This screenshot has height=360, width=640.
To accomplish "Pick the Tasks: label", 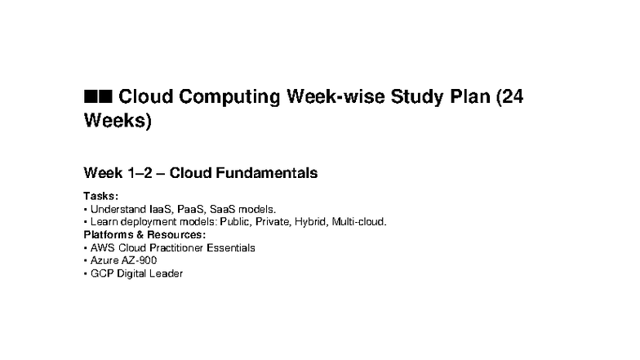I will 101,196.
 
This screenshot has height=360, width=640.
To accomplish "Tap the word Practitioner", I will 177,247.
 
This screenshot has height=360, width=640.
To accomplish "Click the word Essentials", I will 231,247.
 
